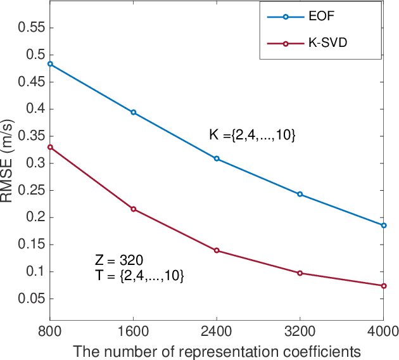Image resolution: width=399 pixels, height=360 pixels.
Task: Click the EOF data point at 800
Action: tap(50, 64)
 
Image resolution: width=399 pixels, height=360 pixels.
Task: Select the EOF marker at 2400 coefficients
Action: tap(217, 158)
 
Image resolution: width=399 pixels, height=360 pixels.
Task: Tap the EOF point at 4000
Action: tap(383, 225)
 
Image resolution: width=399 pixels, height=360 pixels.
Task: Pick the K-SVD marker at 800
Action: tap(50, 147)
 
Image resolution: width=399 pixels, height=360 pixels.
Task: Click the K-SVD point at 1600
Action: tap(133, 209)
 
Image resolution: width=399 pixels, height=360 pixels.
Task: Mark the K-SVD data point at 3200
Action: tap(300, 273)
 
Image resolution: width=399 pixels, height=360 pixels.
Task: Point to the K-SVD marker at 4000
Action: tap(383, 286)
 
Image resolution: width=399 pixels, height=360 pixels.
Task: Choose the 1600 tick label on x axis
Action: tap(133, 331)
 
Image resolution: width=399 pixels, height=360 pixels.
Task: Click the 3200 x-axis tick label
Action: tap(300, 331)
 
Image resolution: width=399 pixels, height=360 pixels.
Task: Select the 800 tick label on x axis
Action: tap(50, 331)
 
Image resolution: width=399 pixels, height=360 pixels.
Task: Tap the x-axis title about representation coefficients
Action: tap(217, 350)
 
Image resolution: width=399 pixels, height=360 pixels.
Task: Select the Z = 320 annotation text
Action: tap(118, 260)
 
